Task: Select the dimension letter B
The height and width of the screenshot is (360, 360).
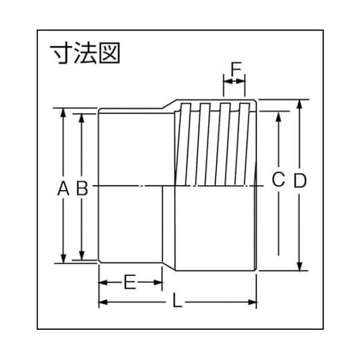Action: coord(82,189)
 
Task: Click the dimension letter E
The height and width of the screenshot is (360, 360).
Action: coord(130,282)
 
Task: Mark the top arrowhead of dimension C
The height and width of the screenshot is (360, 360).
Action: coord(278,114)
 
